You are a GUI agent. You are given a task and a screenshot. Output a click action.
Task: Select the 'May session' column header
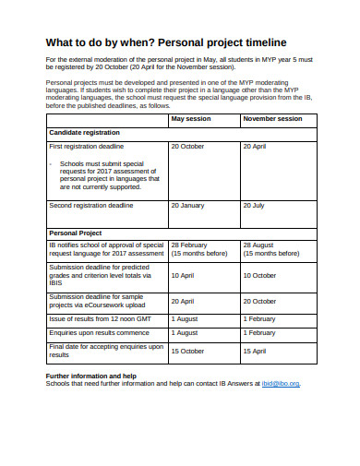point(191,119)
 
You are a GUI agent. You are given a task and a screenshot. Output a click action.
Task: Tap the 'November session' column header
point(271,119)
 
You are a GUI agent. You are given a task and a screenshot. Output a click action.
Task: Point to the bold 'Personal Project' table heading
point(75,233)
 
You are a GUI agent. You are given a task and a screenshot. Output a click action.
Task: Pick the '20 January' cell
point(187,205)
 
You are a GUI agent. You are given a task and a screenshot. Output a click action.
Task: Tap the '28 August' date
point(259,245)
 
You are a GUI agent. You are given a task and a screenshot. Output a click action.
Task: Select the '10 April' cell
point(183,275)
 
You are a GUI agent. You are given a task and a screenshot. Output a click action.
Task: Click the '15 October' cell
point(187,351)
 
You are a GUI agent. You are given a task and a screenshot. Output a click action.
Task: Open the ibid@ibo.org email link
point(280,383)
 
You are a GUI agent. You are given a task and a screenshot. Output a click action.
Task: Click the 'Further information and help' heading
point(91,376)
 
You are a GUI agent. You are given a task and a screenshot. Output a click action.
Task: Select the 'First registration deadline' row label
point(86,147)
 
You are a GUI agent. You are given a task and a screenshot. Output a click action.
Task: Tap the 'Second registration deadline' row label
point(90,205)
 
